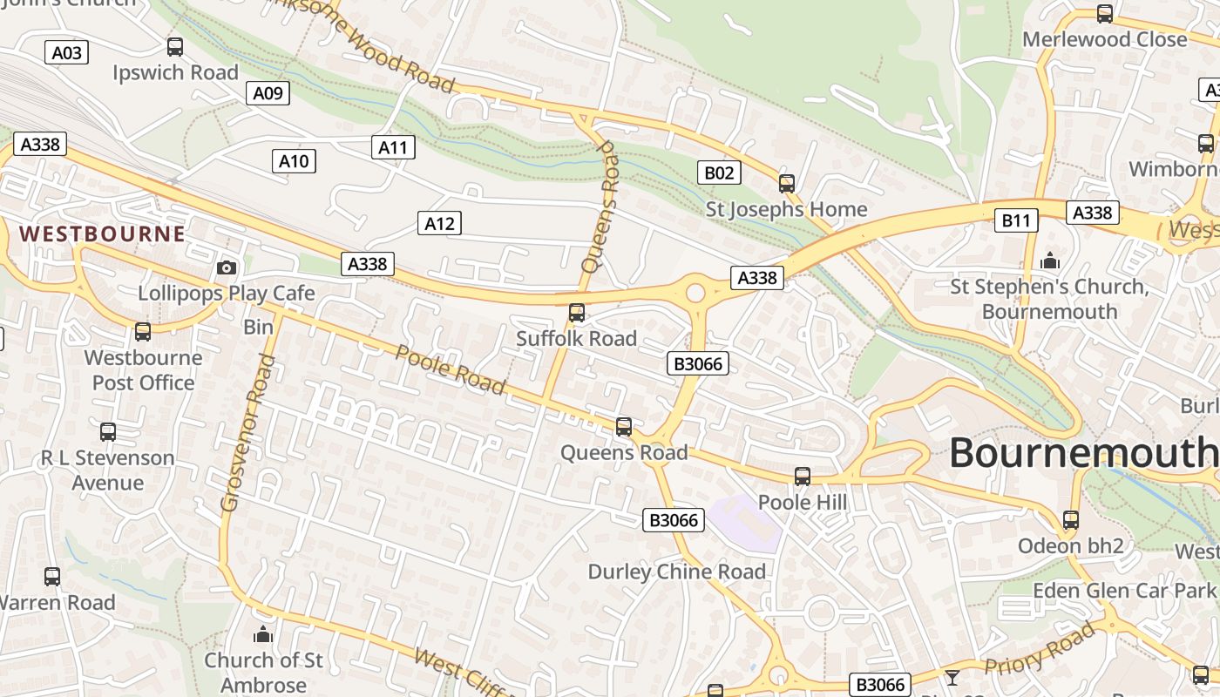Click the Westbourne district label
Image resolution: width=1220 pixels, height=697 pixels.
tap(102, 233)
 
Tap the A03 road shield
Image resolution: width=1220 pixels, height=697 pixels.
tap(66, 53)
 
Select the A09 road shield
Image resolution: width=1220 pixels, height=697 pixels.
tap(268, 93)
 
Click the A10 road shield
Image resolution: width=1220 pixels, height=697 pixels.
tap(294, 160)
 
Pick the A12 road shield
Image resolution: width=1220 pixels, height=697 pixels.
tap(439, 223)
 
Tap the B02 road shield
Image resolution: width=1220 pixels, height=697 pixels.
tap(719, 173)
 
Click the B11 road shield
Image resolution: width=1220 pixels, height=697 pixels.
tap(1016, 220)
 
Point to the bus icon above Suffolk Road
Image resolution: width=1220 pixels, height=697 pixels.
tap(576, 313)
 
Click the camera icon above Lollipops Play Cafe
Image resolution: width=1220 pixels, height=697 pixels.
tap(227, 267)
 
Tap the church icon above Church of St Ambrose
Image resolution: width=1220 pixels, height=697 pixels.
tap(263, 634)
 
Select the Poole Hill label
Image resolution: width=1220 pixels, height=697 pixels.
tap(803, 502)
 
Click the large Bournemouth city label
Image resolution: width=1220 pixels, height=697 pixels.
tap(1083, 452)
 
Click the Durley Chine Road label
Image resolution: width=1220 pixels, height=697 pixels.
tap(677, 572)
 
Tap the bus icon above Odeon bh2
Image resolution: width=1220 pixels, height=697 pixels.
tap(1070, 520)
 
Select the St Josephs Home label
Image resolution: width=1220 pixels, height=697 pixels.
tap(786, 209)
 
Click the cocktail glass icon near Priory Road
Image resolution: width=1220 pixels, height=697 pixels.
tap(952, 677)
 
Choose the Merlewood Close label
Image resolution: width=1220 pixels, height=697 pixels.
tap(1104, 39)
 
